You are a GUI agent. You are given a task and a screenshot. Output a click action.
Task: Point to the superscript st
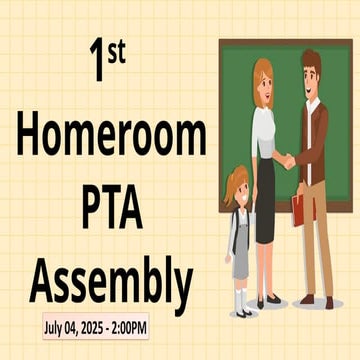click(116, 52)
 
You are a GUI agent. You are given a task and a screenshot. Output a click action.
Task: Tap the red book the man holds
click(297, 209)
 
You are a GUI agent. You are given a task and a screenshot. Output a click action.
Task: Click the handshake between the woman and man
click(286, 160)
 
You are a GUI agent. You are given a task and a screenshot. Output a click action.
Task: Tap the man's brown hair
click(311, 60)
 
